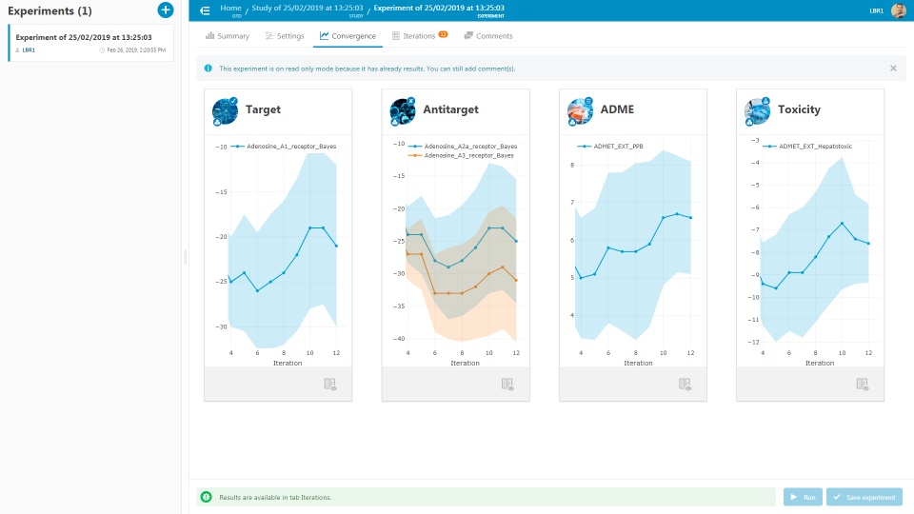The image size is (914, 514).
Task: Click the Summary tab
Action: [228, 36]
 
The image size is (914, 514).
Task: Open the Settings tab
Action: [285, 36]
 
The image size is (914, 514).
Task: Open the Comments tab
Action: [488, 36]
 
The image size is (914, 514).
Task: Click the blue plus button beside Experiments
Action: [166, 10]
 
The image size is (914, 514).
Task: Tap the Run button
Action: [803, 497]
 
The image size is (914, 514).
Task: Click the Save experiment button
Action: [864, 497]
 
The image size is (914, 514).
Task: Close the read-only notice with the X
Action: [893, 69]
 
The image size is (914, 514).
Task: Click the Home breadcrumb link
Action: [230, 7]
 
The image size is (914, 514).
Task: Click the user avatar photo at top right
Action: [898, 10]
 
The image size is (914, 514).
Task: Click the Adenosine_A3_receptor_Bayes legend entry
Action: [468, 155]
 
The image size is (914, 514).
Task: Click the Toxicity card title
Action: [798, 109]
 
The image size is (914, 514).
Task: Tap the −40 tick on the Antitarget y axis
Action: [398, 339]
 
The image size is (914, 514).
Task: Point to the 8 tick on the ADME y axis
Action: [573, 165]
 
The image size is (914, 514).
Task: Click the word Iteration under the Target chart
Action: [288, 363]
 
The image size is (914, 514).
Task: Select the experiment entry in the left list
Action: [90, 43]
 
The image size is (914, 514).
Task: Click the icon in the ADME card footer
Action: [685, 384]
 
